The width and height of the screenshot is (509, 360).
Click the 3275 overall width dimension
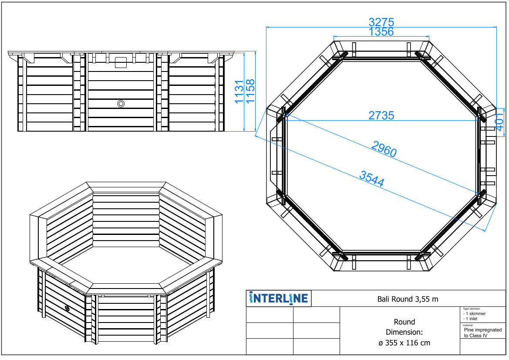click(x=381, y=22)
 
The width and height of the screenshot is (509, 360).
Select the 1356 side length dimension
click(x=381, y=32)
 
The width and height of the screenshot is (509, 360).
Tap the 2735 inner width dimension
click(x=381, y=115)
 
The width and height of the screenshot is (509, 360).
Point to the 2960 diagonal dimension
click(x=384, y=149)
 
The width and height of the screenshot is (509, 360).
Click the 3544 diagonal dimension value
click(x=372, y=179)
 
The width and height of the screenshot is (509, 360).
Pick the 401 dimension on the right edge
click(x=500, y=119)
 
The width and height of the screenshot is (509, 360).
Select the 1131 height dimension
click(x=239, y=92)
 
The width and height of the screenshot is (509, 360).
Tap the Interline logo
click(x=279, y=298)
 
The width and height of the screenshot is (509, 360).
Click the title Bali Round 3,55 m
click(x=408, y=299)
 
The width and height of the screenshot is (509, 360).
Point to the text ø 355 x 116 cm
click(x=404, y=343)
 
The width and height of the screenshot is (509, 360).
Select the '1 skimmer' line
click(x=474, y=313)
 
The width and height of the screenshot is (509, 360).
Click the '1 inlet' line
click(x=470, y=319)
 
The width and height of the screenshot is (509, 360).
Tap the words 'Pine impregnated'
click(x=483, y=330)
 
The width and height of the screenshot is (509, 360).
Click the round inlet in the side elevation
click(x=121, y=104)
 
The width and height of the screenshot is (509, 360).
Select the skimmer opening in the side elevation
click(x=121, y=62)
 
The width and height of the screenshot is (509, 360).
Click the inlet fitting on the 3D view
click(x=67, y=308)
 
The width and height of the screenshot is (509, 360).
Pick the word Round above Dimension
click(x=404, y=322)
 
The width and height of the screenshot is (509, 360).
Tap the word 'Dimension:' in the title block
click(x=404, y=332)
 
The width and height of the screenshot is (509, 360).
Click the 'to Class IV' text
click(x=475, y=336)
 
